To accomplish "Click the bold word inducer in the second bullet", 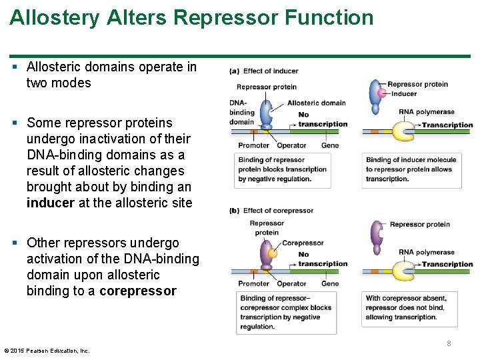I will [x=51, y=203].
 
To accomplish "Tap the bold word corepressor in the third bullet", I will [x=138, y=291].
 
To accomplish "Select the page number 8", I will [x=449, y=343].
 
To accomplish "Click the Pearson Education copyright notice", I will [x=47, y=351].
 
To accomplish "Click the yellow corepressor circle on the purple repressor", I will [x=271, y=252].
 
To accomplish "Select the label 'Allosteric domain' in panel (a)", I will [x=316, y=103].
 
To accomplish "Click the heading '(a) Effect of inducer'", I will [x=263, y=71].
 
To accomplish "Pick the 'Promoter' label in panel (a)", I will [x=254, y=145].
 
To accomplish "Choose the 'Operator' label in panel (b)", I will [x=291, y=284].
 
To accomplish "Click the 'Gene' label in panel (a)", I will [x=330, y=145].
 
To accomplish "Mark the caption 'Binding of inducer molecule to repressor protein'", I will [x=411, y=169].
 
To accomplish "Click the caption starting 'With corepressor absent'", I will [x=405, y=307].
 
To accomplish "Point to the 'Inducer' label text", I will [x=404, y=94].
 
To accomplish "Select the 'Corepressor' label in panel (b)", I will [x=303, y=243].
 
